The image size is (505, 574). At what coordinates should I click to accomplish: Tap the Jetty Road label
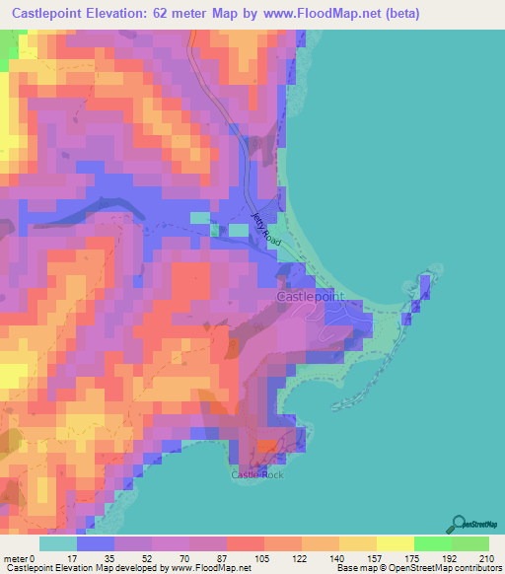click(266, 229)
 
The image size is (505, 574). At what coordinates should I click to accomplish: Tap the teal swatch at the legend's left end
click(58, 543)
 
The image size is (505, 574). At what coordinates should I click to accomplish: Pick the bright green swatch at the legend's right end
click(470, 543)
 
